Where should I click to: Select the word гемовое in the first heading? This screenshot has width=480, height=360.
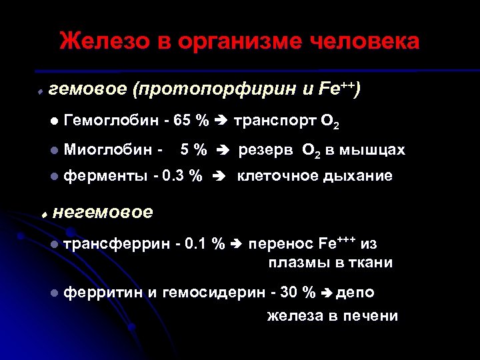tap(89, 90)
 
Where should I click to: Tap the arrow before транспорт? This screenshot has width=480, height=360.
tap(221, 121)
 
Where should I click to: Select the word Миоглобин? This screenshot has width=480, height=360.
tap(109, 150)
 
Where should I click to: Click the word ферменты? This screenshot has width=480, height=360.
tap(107, 177)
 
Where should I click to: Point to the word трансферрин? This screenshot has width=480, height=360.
tap(117, 244)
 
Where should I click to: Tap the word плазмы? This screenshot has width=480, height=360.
tap(295, 263)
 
